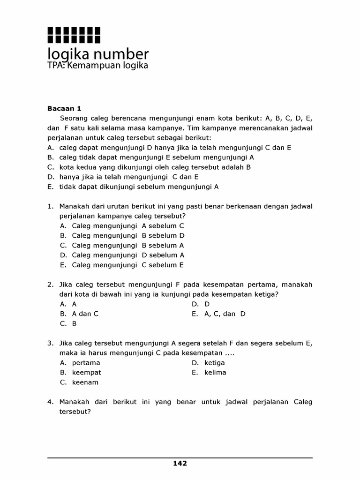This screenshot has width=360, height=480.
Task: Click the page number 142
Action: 180,464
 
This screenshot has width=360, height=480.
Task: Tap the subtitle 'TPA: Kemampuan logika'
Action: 97,66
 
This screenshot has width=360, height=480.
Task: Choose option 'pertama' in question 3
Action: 86,363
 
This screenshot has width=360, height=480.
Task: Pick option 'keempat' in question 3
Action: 86,373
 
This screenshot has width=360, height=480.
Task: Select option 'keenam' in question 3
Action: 85,382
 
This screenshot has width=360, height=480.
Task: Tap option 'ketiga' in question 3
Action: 214,363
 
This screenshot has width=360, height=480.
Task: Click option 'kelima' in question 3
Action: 215,373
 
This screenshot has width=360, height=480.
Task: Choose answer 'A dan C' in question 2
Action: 85,314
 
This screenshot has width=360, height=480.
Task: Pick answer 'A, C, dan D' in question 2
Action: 225,314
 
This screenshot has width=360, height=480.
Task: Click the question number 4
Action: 50,402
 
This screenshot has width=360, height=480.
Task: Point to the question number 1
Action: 50,206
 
